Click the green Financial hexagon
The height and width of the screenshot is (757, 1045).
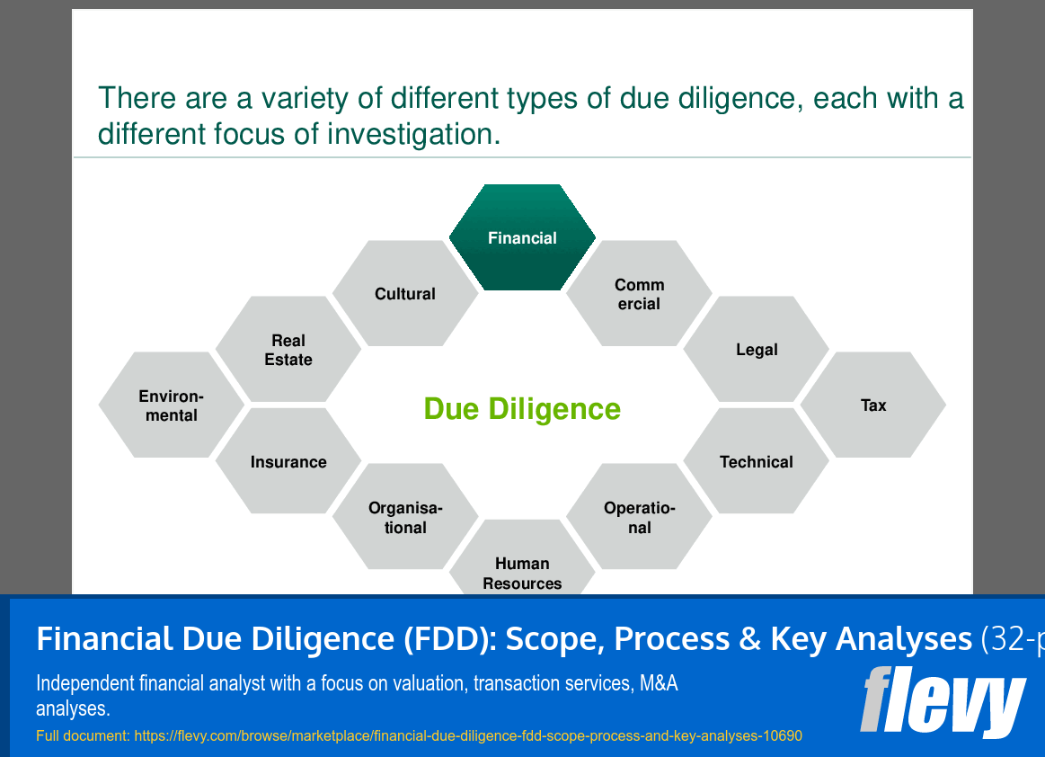pyautogui.click(x=522, y=238)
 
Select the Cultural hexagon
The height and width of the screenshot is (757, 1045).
pyautogui.click(x=405, y=294)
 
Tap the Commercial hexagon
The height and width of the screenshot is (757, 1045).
pyautogui.click(x=639, y=294)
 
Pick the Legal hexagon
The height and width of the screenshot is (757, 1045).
pyautogui.click(x=757, y=350)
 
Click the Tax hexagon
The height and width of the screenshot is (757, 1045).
pyautogui.click(x=873, y=405)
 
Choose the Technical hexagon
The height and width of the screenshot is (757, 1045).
pyautogui.click(x=757, y=462)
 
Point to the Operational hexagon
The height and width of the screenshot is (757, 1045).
pyautogui.click(x=639, y=517)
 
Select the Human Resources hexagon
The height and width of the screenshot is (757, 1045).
pyautogui.click(x=522, y=566)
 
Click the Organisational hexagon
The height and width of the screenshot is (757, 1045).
pyautogui.click(x=405, y=518)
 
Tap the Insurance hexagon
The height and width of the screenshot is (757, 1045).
pyautogui.click(x=288, y=462)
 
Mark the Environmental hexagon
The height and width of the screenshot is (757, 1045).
pyautogui.click(x=171, y=405)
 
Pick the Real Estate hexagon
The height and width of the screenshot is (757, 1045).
pyautogui.click(x=288, y=350)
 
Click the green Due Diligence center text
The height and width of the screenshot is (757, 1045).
pyautogui.click(x=522, y=409)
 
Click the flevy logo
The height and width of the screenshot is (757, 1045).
pyautogui.click(x=943, y=702)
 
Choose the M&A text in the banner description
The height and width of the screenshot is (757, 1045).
pyautogui.click(x=658, y=683)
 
